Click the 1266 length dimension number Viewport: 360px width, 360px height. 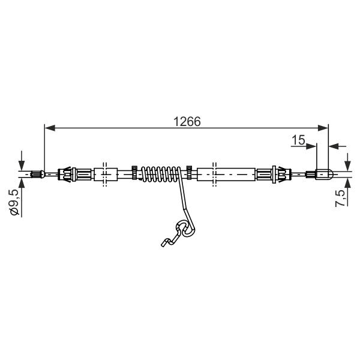tap(187, 122)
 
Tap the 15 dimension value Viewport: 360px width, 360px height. tap(298, 140)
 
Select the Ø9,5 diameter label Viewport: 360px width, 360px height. tap(15, 203)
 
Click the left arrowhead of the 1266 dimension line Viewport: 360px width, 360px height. tap(50, 128)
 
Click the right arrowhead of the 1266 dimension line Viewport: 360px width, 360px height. tap(323, 128)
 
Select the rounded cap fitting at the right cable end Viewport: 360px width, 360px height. tap(324, 174)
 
